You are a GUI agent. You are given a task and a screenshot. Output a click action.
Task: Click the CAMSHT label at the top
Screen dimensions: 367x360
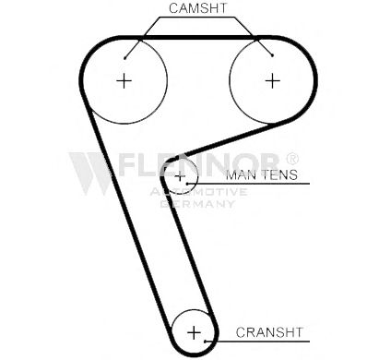(197, 8)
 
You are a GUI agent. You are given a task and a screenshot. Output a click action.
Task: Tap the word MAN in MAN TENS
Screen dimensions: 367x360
(241, 175)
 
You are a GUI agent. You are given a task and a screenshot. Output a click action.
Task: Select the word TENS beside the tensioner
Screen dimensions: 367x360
(279, 175)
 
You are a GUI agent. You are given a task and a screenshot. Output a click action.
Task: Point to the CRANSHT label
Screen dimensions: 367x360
(269, 332)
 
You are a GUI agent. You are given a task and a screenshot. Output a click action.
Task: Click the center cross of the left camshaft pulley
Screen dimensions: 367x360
(124, 81)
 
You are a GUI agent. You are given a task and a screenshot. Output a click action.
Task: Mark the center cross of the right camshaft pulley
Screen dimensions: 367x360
(272, 81)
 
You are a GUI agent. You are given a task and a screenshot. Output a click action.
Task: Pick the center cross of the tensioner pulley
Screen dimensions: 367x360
(180, 177)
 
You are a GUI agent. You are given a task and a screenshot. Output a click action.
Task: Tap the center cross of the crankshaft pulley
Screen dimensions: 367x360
(194, 332)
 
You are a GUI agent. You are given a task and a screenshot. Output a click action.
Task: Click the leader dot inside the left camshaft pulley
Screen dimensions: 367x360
(124, 58)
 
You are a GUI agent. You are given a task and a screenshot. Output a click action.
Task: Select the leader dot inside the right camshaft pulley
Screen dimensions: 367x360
(272, 55)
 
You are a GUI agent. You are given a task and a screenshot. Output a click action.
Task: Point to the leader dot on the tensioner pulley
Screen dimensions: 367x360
(187, 184)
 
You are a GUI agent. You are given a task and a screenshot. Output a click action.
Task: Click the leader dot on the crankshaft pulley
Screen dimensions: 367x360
(205, 341)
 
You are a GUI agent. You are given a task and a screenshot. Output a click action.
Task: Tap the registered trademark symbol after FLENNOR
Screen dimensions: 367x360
(292, 158)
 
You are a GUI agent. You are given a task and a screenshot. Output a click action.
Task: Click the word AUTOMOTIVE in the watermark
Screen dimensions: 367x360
(198, 192)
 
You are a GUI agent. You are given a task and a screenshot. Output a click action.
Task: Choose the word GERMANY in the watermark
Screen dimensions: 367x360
(197, 204)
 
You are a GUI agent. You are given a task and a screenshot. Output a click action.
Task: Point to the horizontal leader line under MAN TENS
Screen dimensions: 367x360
(248, 184)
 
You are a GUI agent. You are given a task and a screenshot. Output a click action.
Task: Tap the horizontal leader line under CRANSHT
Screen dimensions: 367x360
(257, 341)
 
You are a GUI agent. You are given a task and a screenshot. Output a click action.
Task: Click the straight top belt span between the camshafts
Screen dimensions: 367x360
(198, 38)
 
